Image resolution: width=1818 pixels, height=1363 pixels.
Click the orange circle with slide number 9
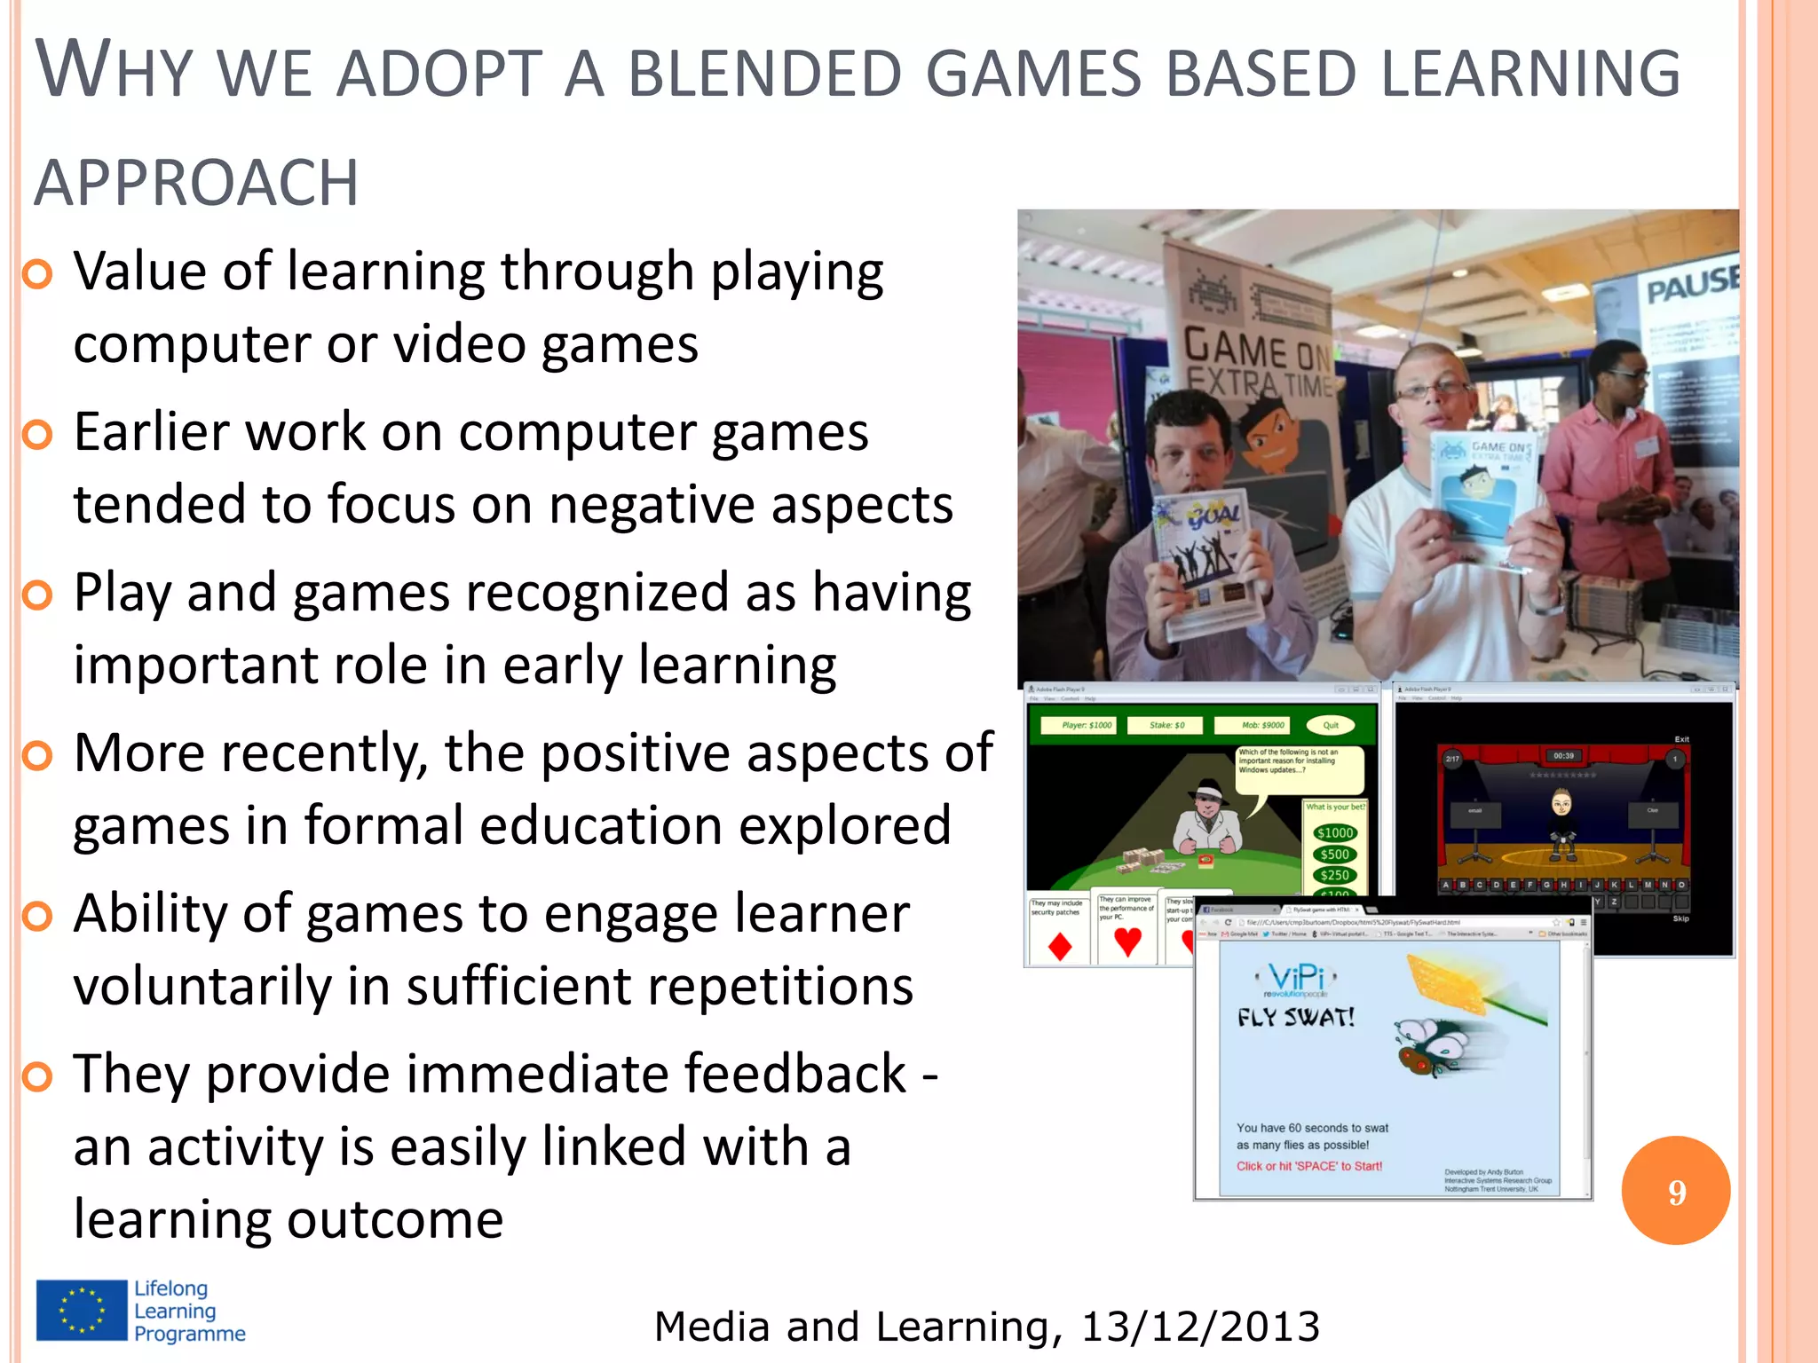coord(1675,1190)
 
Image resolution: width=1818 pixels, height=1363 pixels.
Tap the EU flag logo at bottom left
coord(82,1310)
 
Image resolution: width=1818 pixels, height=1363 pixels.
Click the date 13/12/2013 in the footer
coord(1200,1327)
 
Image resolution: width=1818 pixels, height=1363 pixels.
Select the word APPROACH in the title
coord(196,183)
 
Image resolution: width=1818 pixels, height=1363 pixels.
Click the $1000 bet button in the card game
coord(1334,832)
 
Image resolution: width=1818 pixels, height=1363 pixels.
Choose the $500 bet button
coord(1334,854)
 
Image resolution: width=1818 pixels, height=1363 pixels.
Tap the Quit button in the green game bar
coord(1331,725)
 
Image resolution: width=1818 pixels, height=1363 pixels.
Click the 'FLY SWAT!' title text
coord(1296,1017)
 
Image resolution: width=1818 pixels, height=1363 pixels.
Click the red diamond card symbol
coord(1059,947)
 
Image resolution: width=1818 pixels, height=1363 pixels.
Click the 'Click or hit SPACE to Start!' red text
coord(1309,1166)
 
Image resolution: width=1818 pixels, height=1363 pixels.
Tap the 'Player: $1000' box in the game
coord(1087,725)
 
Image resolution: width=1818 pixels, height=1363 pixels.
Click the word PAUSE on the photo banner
coord(1690,286)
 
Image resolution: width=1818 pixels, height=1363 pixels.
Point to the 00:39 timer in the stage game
coord(1563,756)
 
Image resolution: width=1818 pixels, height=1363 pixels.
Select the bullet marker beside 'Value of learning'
coord(37,274)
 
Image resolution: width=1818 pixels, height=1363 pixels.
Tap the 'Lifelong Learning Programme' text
coord(189,1311)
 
